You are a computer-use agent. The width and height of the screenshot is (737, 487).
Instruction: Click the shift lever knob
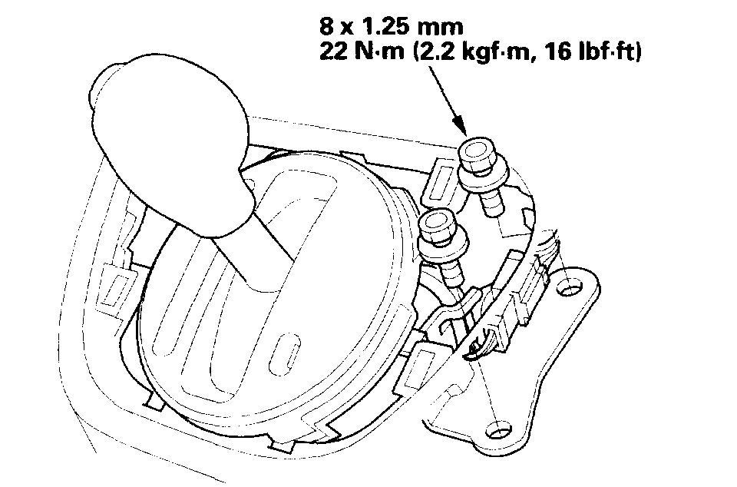[x=171, y=141]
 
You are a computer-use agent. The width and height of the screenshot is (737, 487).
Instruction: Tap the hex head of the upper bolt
[x=476, y=154]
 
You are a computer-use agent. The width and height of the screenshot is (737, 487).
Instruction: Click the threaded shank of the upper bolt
[x=491, y=200]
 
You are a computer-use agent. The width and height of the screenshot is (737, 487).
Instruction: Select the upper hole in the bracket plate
[x=569, y=287]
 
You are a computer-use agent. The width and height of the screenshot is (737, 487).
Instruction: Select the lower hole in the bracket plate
[x=498, y=429]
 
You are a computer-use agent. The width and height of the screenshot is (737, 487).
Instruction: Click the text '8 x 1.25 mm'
[x=391, y=26]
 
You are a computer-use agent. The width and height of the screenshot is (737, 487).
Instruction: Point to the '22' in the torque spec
[x=332, y=51]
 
